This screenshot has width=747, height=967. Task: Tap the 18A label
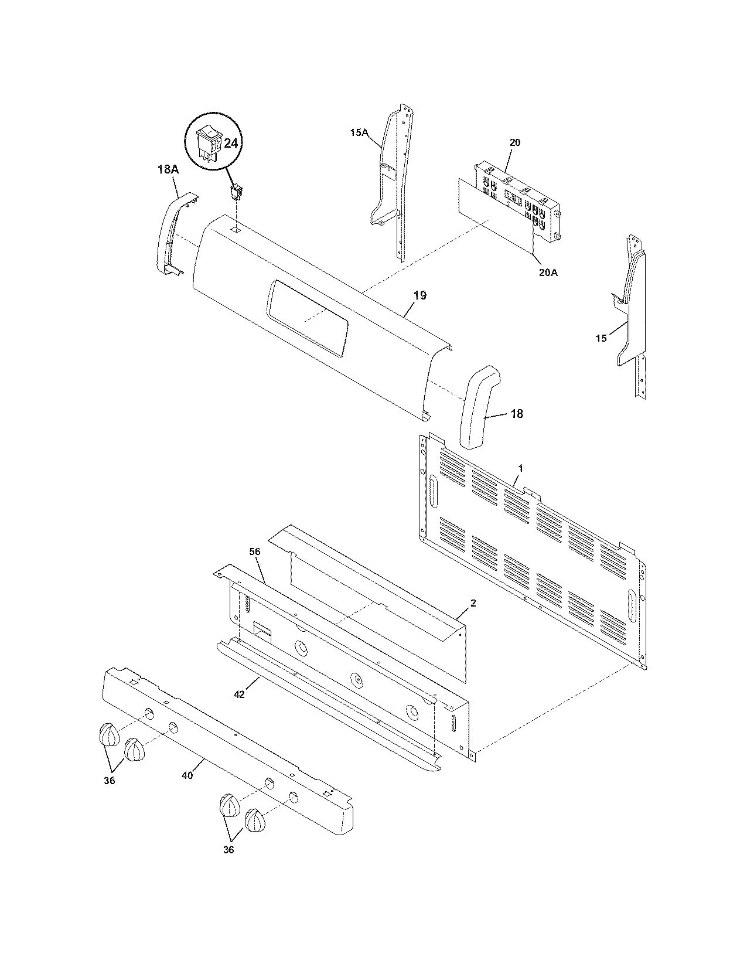pos(167,169)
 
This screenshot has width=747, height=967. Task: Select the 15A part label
pos(359,133)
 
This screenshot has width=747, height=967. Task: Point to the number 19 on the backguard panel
pos(419,295)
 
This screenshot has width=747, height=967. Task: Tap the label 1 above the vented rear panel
pos(521,469)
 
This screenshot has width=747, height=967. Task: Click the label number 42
pos(239,694)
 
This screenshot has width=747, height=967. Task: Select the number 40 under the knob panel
pos(187,775)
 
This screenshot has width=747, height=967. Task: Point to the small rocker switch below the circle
pos(237,190)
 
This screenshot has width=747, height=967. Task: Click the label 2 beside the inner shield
pos(473,602)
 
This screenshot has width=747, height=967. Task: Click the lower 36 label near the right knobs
pos(228,850)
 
